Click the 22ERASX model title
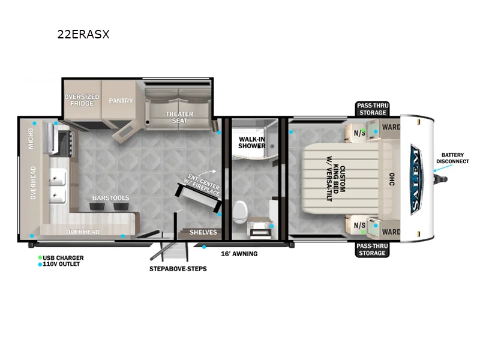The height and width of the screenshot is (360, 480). point(83,35)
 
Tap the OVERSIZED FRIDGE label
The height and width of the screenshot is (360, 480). point(82,100)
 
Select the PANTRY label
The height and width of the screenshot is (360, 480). point(121,101)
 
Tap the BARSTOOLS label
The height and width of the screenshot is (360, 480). point(110,197)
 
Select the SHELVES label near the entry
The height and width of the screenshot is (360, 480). point(203,232)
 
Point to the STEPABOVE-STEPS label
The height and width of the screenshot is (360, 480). point(178,269)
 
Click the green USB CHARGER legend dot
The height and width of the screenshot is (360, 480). point(40,258)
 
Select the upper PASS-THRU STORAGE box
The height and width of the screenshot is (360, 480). point(372,109)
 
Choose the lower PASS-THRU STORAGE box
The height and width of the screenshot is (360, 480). point(372,250)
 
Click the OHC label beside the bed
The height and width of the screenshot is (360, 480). point(391,179)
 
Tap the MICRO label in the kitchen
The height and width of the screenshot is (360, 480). point(30,139)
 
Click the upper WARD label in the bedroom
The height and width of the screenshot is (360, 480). point(391,127)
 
